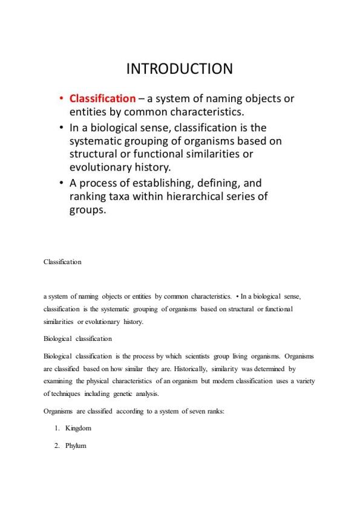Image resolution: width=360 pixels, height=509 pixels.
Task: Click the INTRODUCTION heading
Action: coord(179,69)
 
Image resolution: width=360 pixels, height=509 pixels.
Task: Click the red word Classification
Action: coord(102,99)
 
